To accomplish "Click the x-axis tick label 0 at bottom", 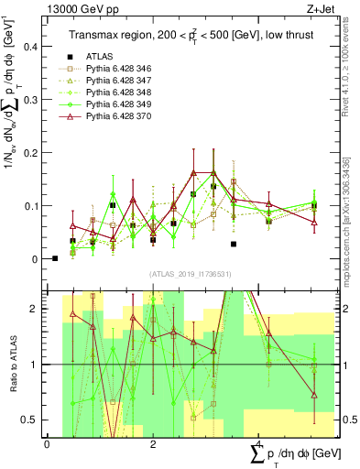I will click(x=48, y=444).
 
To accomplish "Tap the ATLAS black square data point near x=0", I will click(x=55, y=258).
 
